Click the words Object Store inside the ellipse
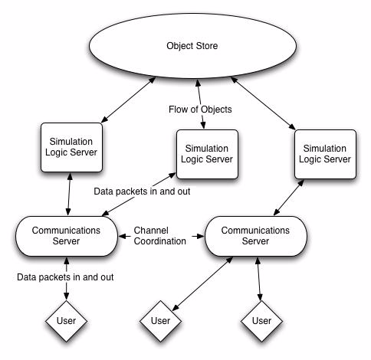click(x=192, y=46)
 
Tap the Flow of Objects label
click(x=200, y=110)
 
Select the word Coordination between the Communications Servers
click(x=160, y=241)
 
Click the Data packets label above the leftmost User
click(x=65, y=277)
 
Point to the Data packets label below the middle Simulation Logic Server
click(x=142, y=191)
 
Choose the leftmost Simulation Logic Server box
click(x=71, y=147)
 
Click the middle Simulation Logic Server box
click(x=207, y=154)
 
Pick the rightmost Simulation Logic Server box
click(x=325, y=154)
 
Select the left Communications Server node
click(x=67, y=236)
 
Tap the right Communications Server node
click(x=255, y=236)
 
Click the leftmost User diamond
click(x=66, y=321)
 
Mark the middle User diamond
click(x=160, y=321)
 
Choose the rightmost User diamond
click(x=261, y=321)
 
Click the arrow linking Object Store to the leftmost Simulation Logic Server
click(x=128, y=100)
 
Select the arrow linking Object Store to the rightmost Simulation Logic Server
click(x=263, y=103)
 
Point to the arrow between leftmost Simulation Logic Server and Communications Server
click(x=69, y=195)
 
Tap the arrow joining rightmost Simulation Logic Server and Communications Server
click(x=289, y=198)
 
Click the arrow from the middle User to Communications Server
click(x=202, y=283)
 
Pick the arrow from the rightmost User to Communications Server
click(x=258, y=279)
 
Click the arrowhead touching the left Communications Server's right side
click(x=121, y=236)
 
